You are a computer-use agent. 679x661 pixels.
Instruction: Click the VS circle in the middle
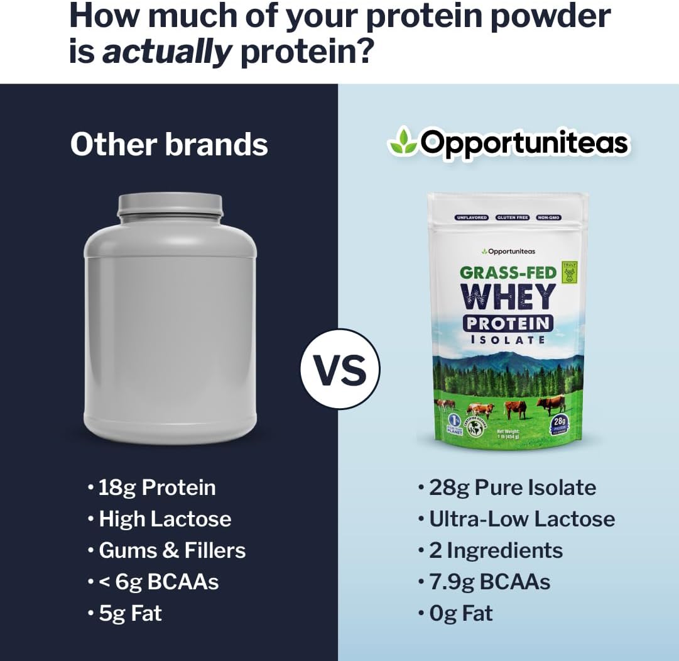[339, 370]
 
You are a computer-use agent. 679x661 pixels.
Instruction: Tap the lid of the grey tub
[170, 205]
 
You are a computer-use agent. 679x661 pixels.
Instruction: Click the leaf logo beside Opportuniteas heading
[401, 142]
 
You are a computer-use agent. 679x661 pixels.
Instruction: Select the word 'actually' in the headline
[167, 52]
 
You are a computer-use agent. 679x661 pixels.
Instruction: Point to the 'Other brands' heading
[169, 144]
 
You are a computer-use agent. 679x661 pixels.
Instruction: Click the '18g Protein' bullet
[157, 487]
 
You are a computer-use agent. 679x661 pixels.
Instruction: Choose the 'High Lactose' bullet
[165, 519]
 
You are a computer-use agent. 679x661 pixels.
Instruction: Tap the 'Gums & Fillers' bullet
[172, 550]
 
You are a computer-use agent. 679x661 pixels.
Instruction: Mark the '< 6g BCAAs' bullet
[158, 582]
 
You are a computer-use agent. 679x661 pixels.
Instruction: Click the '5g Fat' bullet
[130, 613]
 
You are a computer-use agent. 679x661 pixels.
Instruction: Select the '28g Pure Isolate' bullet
[512, 487]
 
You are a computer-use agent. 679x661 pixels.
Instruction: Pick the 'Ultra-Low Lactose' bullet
[521, 519]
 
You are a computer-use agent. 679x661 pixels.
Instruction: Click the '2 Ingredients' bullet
[496, 550]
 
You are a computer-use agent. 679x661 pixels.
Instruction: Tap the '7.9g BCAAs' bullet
[489, 582]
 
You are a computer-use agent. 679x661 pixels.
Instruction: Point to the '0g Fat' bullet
[461, 613]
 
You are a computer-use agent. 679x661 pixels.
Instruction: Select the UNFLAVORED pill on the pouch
[471, 218]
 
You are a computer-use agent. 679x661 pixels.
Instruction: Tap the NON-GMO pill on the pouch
[548, 218]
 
